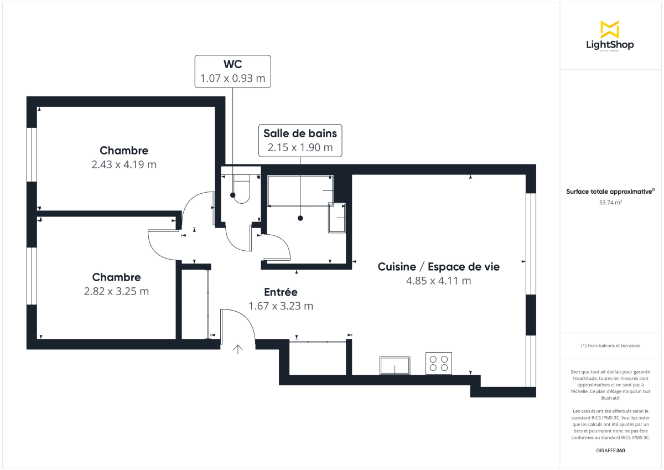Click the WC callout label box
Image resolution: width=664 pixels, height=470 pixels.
(x=232, y=71)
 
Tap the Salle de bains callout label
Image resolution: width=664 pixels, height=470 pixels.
(x=300, y=140)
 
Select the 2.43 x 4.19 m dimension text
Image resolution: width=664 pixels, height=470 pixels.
(x=124, y=164)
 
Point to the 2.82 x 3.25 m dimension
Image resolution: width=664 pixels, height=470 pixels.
(x=116, y=291)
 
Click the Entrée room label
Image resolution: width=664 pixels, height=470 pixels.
(x=281, y=292)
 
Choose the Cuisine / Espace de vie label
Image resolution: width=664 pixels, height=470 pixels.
(x=438, y=266)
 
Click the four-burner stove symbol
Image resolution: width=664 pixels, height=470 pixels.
(x=438, y=363)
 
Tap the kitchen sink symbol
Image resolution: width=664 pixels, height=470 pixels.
(x=395, y=365)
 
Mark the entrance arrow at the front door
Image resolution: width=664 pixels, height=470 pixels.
(x=238, y=349)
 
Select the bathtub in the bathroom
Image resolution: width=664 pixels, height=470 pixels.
(x=300, y=190)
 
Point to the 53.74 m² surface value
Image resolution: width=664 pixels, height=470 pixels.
(x=610, y=203)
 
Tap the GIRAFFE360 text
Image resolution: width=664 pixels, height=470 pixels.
(x=610, y=450)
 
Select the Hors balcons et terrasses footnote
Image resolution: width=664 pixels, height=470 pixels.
(x=610, y=345)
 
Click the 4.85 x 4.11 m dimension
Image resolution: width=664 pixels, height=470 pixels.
(x=438, y=281)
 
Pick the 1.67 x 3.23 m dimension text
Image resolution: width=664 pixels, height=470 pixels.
(x=281, y=306)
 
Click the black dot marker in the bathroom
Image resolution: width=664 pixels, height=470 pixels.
(x=300, y=218)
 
